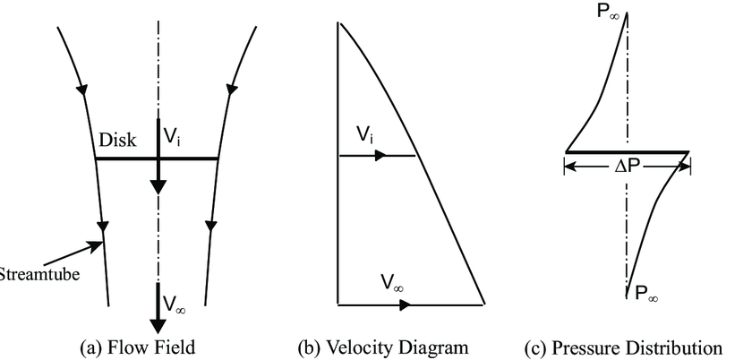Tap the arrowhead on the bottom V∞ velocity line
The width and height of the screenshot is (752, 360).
tap(405, 305)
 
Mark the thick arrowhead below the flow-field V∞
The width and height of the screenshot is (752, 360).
tap(158, 322)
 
